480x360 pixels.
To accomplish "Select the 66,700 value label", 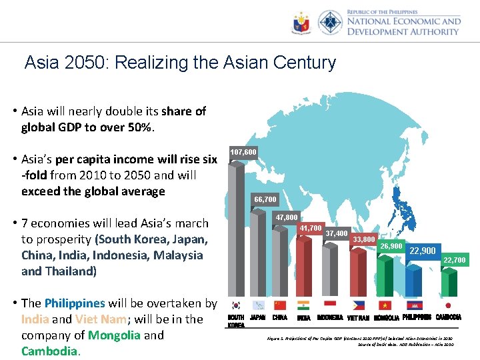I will [265, 199].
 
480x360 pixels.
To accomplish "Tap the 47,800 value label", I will [287, 218].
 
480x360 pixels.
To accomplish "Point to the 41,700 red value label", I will [311, 229].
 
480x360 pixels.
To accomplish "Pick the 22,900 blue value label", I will [423, 251].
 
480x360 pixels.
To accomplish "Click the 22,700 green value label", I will [455, 260].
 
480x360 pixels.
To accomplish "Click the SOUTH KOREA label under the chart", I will [236, 321].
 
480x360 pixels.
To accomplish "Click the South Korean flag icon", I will [235, 305].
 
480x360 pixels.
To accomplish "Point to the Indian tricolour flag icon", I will [303, 305].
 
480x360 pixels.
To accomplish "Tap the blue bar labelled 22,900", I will [414, 280].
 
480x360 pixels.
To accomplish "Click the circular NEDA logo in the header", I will [330, 23].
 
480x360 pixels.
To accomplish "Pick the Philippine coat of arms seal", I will [301, 23].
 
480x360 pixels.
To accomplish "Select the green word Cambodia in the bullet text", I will [51, 351].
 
